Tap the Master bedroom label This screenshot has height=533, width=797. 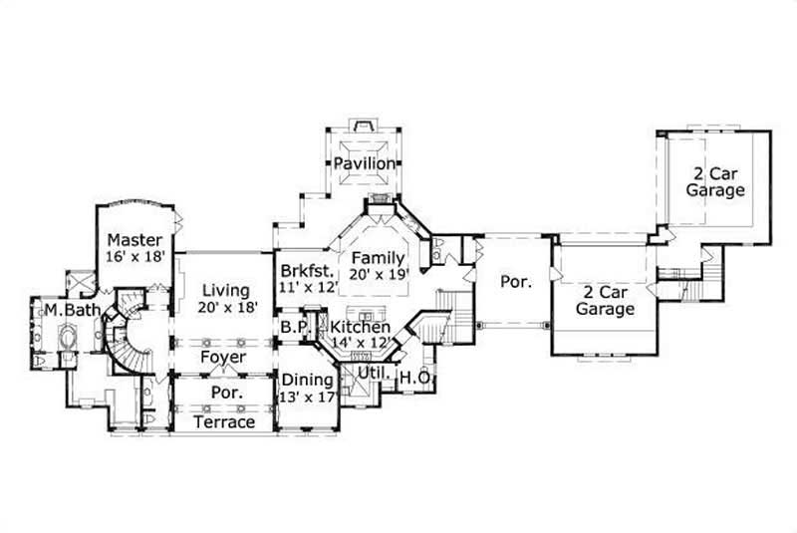(x=134, y=240)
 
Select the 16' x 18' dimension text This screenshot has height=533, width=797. (x=134, y=257)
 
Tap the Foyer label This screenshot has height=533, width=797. (x=223, y=357)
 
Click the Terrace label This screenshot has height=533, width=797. (x=223, y=422)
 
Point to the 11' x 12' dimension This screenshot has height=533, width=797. (x=307, y=287)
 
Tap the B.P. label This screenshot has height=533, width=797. (x=293, y=327)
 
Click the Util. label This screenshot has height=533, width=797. (x=374, y=377)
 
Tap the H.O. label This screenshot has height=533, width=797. (x=413, y=377)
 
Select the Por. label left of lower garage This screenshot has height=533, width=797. (x=515, y=282)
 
